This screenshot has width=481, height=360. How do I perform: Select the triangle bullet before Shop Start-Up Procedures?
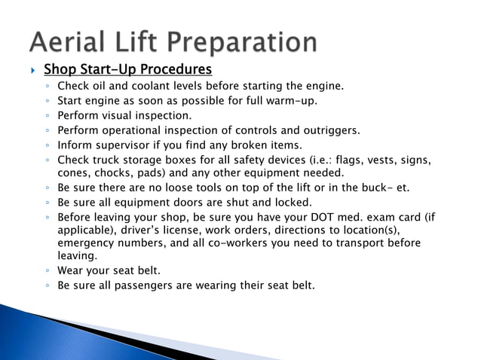[32, 71]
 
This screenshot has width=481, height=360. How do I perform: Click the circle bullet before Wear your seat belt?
[47, 271]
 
